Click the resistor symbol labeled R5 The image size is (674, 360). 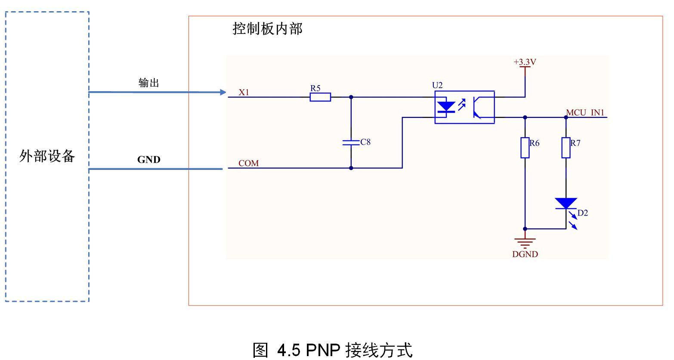(x=320, y=97)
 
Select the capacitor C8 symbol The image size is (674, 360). (x=351, y=142)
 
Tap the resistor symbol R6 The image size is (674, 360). (x=525, y=148)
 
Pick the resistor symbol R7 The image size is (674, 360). (x=566, y=148)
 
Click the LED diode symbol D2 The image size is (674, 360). (x=566, y=203)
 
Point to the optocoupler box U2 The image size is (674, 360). (x=464, y=107)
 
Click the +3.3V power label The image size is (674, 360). (x=525, y=62)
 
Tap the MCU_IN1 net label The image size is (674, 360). (x=585, y=113)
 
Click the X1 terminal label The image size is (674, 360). (x=244, y=92)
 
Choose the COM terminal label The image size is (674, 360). (x=249, y=163)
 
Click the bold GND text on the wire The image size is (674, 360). (x=148, y=160)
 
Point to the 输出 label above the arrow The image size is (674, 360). (x=148, y=83)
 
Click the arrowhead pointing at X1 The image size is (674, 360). (x=223, y=92)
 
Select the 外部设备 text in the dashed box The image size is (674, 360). (x=47, y=156)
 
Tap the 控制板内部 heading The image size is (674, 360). (x=267, y=29)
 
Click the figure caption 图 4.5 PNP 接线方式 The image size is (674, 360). (x=332, y=350)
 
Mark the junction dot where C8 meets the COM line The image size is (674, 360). (x=351, y=168)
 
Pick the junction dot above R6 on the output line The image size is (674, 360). (x=525, y=117)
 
